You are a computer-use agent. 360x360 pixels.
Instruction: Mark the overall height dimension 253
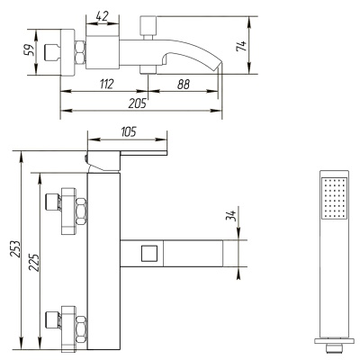[x=13, y=250]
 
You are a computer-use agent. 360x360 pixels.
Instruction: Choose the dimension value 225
[x=35, y=262]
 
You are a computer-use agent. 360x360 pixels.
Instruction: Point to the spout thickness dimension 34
[x=231, y=218]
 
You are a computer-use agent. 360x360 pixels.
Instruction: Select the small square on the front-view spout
[x=150, y=253]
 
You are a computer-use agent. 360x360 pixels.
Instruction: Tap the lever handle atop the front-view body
[x=126, y=157]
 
